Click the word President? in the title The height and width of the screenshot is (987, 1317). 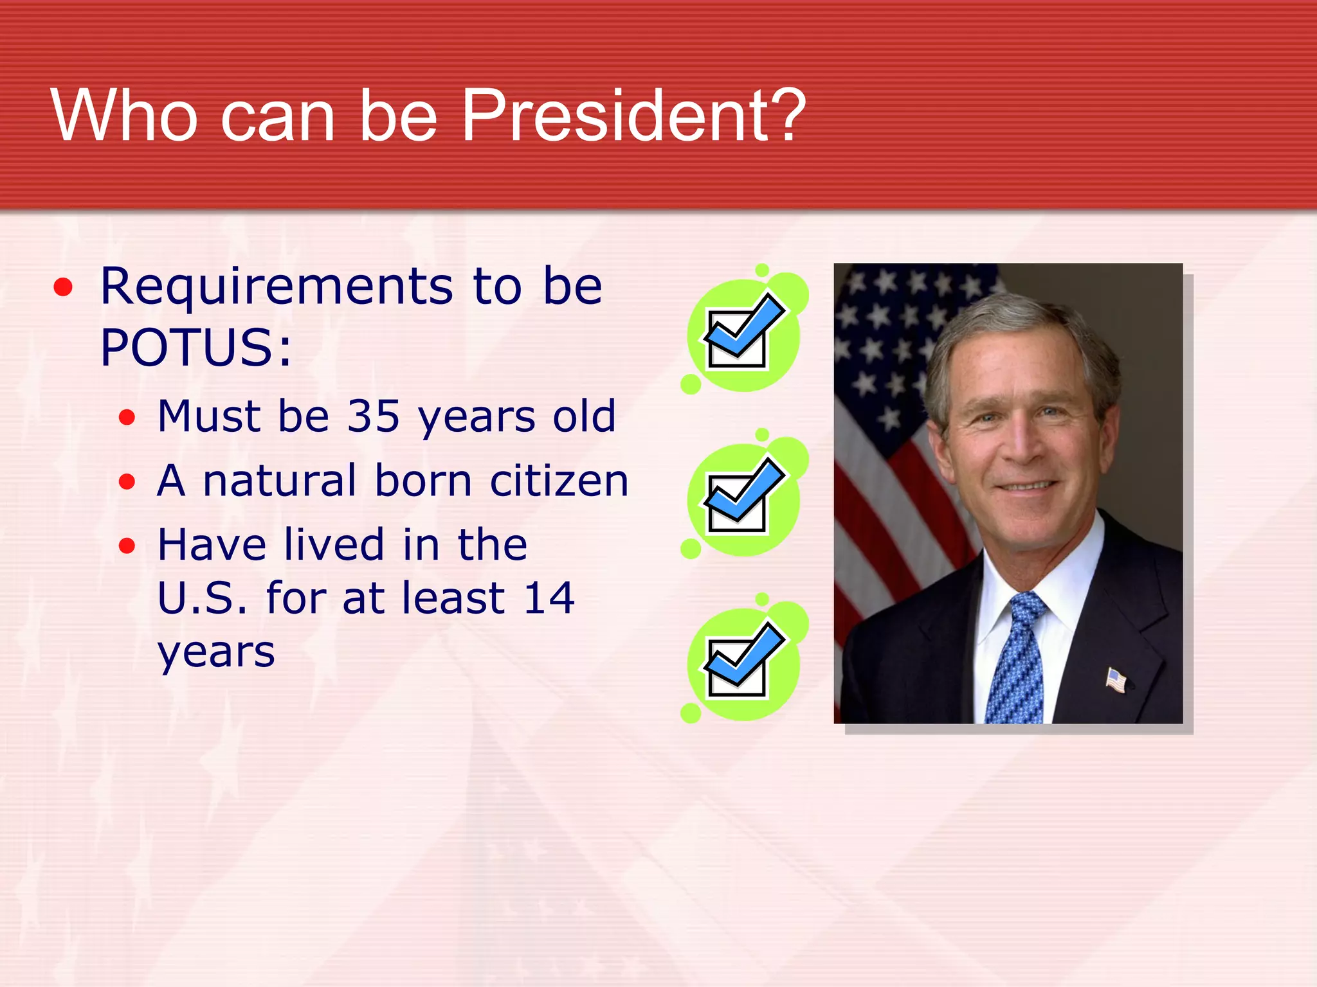click(633, 116)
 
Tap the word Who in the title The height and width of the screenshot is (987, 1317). click(125, 116)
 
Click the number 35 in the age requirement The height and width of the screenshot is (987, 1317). click(374, 416)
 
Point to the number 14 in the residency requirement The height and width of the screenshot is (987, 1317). click(549, 598)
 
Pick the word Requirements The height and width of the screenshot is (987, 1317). click(277, 287)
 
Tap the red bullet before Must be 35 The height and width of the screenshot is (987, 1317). click(127, 418)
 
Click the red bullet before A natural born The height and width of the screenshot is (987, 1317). click(127, 481)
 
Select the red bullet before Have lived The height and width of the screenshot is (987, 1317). click(127, 546)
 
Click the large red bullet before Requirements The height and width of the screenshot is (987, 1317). click(63, 287)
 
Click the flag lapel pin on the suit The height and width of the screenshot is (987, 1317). click(1116, 680)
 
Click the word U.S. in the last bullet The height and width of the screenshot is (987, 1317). click(201, 598)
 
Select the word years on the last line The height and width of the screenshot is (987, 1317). click(216, 653)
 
